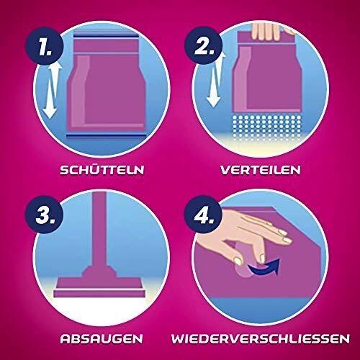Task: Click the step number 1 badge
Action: (45, 46)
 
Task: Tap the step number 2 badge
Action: (204, 45)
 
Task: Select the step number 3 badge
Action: (45, 214)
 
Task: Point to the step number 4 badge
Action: (204, 214)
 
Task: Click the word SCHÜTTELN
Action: (102, 169)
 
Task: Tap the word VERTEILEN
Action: (261, 170)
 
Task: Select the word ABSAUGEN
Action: (102, 338)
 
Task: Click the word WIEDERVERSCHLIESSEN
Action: (261, 338)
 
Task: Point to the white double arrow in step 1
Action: (52, 92)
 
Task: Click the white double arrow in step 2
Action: (216, 79)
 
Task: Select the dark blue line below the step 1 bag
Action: (107, 136)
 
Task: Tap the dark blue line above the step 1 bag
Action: (107, 36)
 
